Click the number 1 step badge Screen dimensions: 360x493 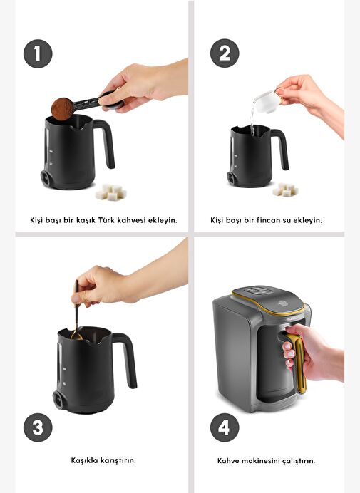pos(38,53)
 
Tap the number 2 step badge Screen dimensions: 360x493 pos(225,53)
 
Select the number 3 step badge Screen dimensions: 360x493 pos(38,427)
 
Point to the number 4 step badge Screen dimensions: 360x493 pos(225,427)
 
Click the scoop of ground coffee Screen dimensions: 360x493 pos(62,109)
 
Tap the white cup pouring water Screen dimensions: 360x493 pos(267,101)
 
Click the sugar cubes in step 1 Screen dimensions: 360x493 pos(111,192)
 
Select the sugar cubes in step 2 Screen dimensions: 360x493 pos(285,190)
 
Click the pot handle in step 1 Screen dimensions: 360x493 pos(106,142)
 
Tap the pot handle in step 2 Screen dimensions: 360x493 pos(281,147)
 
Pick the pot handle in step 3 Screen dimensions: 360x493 pos(127,358)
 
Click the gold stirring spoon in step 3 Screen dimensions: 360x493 pos(76,311)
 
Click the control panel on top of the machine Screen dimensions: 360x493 pos(259,291)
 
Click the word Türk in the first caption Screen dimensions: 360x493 pos(106,219)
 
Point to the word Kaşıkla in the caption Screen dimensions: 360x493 pos(84,460)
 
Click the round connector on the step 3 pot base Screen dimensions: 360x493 pos(58,400)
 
